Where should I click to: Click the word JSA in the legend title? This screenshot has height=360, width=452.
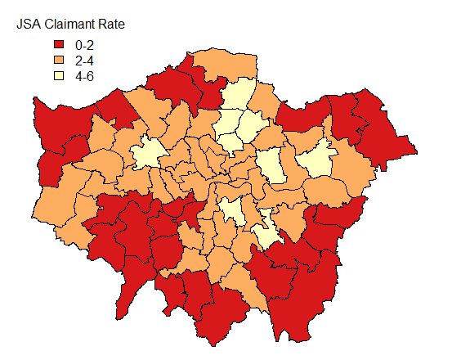click(28, 25)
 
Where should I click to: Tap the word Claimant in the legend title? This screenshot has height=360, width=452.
click(69, 25)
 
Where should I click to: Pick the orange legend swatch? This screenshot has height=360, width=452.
click(60, 61)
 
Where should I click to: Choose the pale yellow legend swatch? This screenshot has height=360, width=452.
click(60, 77)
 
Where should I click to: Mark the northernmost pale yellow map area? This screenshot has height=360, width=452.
click(239, 97)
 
